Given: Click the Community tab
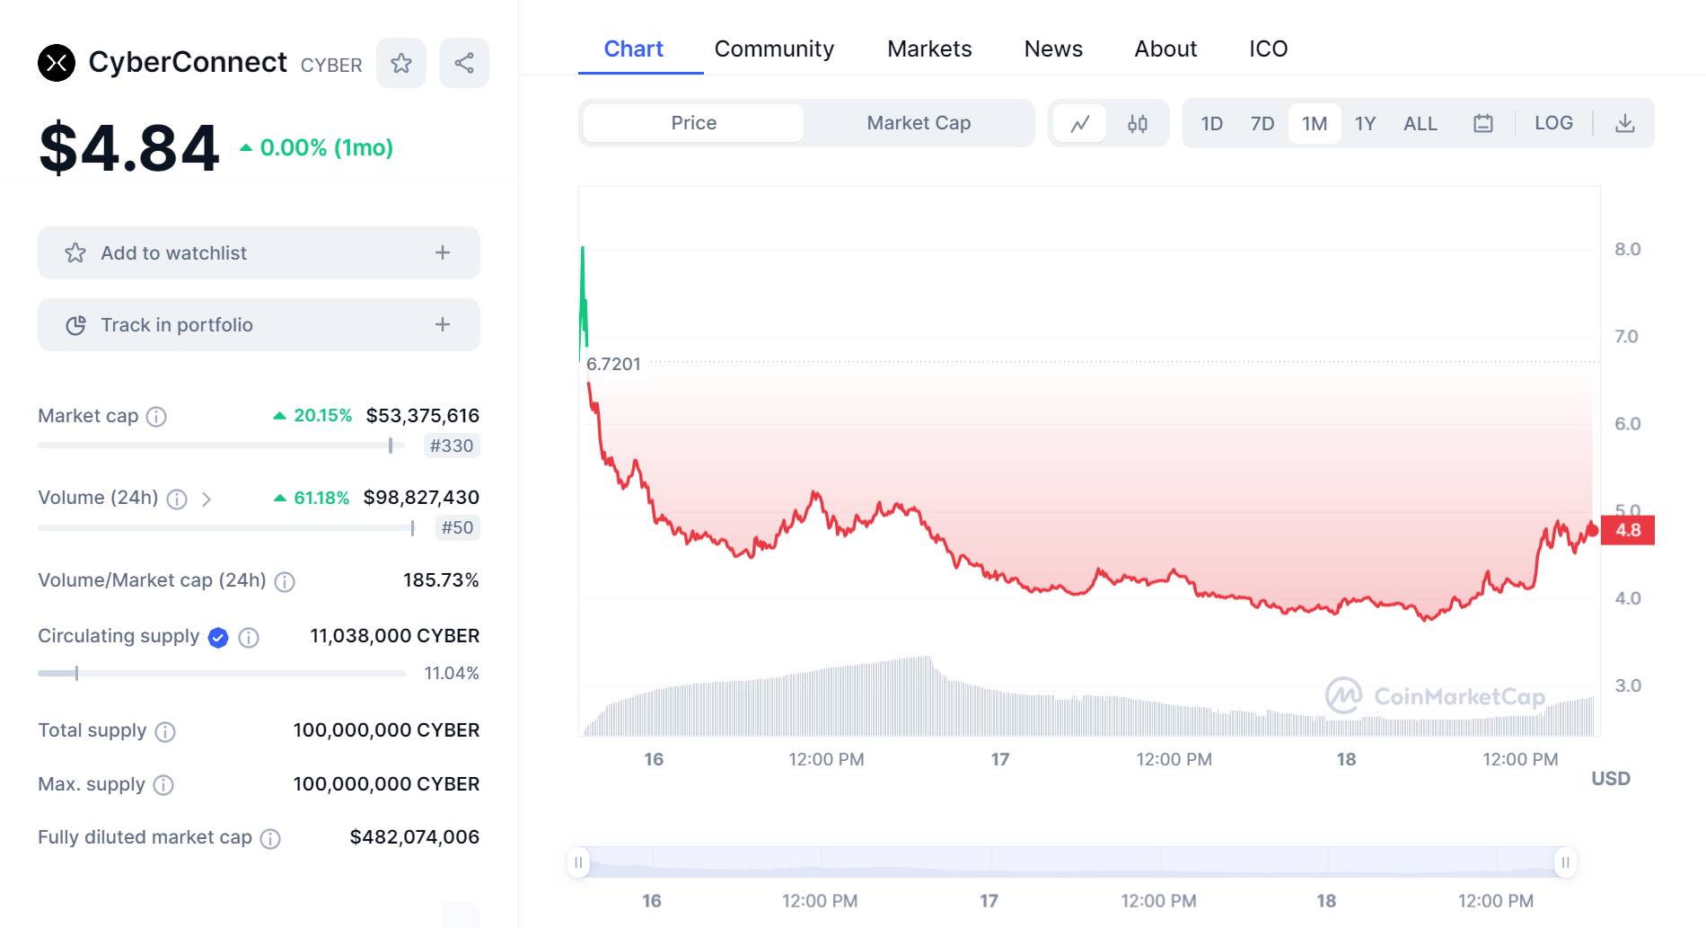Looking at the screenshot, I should (774, 49).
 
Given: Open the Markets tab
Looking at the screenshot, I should (929, 49).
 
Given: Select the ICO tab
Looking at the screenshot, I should (1268, 49).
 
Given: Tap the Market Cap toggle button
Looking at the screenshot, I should (919, 123).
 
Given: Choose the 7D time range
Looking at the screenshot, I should (1262, 123).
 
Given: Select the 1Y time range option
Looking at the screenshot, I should (1365, 123).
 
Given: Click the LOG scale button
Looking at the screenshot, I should (1553, 123).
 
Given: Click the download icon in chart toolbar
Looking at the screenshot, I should (1624, 123).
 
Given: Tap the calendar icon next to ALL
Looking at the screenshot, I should (1483, 123).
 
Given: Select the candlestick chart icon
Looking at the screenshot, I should (1138, 123).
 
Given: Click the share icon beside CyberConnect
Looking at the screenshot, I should (464, 63).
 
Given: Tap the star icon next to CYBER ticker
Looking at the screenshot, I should (401, 63).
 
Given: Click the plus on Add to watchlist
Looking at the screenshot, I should (443, 252).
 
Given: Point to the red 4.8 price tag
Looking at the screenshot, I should (1628, 530).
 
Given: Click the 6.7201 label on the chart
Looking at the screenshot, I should (613, 364).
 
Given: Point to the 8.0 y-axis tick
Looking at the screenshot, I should (1627, 249).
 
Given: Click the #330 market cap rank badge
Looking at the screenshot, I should (452, 446).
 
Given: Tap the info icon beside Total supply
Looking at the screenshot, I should (165, 731).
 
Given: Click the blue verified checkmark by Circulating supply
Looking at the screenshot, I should (218, 637).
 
